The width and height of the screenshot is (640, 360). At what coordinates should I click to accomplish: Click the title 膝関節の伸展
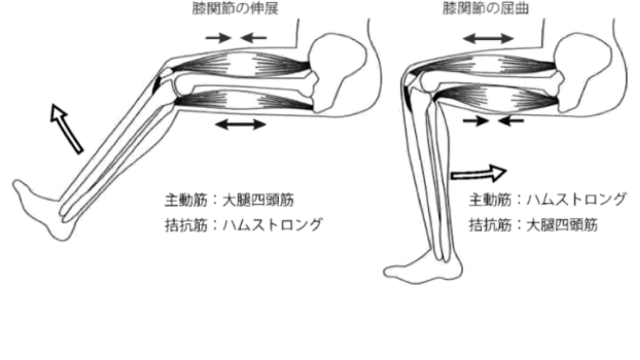[x=235, y=9]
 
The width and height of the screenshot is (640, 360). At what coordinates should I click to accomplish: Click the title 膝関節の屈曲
[x=485, y=9]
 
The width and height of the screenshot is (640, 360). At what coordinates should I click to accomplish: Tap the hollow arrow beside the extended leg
[x=67, y=129]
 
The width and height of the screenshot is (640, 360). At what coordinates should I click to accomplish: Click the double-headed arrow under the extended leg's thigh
[x=240, y=124]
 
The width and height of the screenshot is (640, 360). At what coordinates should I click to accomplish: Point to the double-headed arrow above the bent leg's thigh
[x=488, y=38]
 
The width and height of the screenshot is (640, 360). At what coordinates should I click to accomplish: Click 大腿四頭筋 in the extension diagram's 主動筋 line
[x=258, y=200]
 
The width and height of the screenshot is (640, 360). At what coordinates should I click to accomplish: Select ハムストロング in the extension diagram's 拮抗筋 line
[x=273, y=225]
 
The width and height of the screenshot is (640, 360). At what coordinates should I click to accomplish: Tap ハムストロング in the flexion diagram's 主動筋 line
[x=577, y=199]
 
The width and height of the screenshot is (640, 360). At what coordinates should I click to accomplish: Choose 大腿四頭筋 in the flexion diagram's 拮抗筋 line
[x=562, y=225]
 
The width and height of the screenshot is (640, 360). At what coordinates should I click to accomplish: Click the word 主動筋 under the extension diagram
[x=186, y=200]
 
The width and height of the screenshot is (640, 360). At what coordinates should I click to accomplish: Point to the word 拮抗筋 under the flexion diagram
[x=490, y=225]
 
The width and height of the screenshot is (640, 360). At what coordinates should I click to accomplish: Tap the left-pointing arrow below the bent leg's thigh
[x=511, y=120]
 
